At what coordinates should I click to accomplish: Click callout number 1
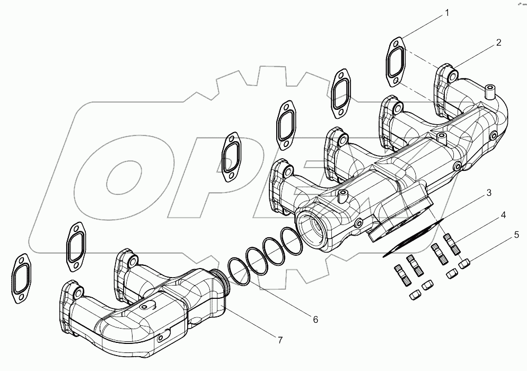pyautogui.click(x=446, y=13)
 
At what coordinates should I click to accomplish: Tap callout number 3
pyautogui.click(x=489, y=192)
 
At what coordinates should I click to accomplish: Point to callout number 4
pyautogui.click(x=502, y=216)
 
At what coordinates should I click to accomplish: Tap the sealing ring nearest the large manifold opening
pyautogui.click(x=291, y=240)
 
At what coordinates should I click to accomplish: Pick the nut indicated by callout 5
pyautogui.click(x=465, y=262)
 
